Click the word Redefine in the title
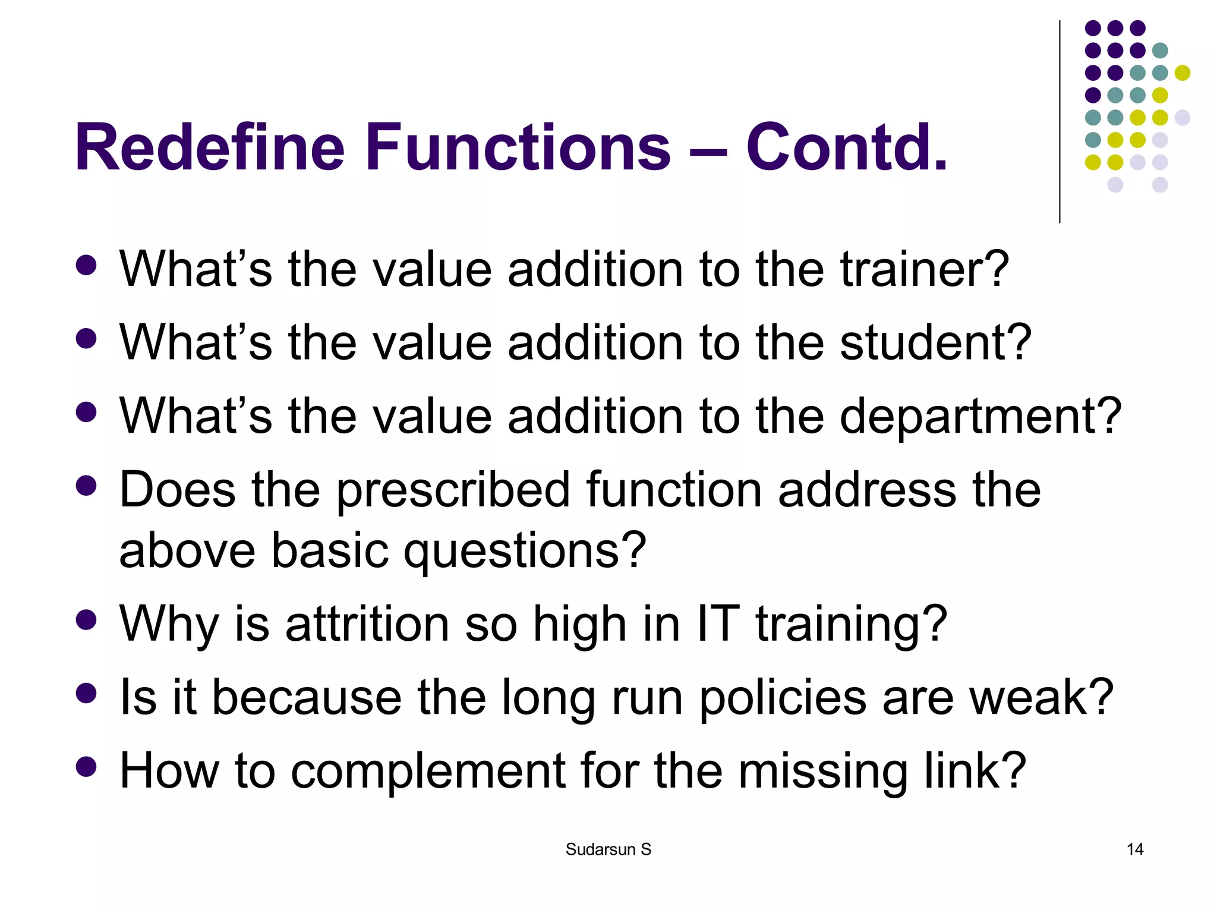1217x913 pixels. tap(209, 147)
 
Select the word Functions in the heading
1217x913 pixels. tap(518, 147)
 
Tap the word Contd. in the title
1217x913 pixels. tap(846, 147)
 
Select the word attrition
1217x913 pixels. tap(367, 624)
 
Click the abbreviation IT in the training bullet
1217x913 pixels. tap(718, 624)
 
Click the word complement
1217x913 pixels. tap(428, 771)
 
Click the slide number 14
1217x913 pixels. tap(1135, 849)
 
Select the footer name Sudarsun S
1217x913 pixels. tap(608, 849)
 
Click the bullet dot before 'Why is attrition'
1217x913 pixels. tap(87, 619)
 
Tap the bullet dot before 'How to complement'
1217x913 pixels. tap(87, 767)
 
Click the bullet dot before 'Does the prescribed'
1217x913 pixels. tap(87, 486)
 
